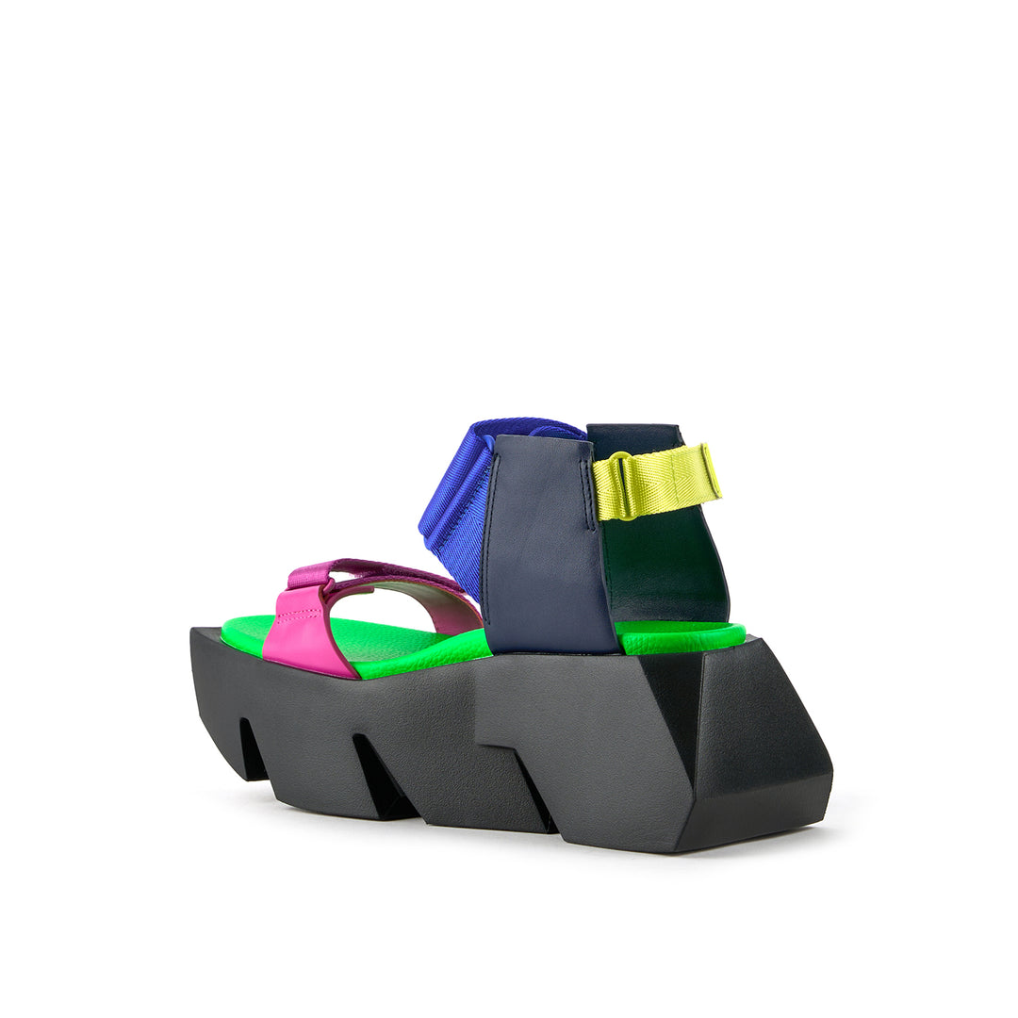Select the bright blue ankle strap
[454, 500]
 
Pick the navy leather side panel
[547, 556]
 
